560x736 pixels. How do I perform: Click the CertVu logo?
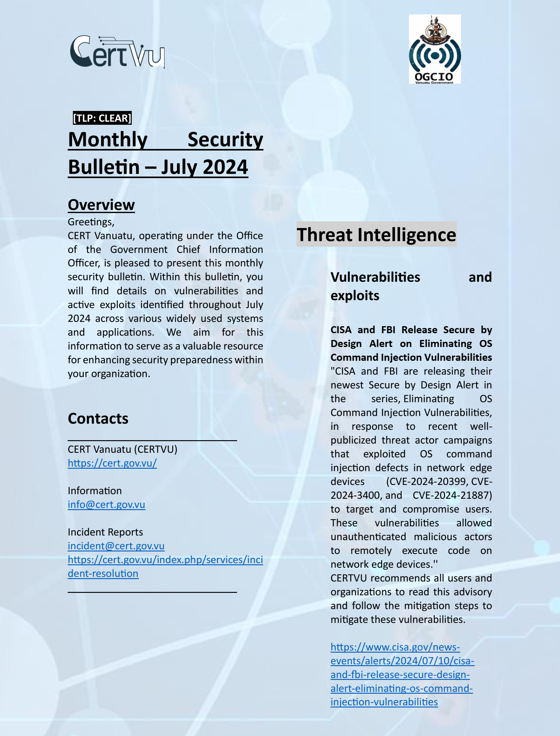click(117, 52)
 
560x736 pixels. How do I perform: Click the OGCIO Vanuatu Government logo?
click(435, 49)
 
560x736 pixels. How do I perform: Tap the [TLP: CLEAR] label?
click(102, 118)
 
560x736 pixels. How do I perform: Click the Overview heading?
click(101, 205)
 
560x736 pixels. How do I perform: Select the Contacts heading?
click(98, 418)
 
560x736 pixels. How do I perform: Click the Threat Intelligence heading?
click(376, 235)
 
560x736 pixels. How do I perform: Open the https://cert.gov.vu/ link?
click(112, 463)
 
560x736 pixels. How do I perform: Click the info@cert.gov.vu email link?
click(106, 505)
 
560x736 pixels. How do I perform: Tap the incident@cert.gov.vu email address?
click(116, 546)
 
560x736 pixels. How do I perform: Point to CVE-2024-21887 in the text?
click(452, 496)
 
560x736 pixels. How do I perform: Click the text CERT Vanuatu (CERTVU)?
click(122, 449)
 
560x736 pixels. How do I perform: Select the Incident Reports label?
click(105, 532)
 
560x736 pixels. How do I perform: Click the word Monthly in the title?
click(108, 139)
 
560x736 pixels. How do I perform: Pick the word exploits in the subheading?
click(355, 296)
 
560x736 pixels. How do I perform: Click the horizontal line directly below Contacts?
click(152, 440)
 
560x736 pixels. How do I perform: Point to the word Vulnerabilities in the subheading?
click(375, 277)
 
